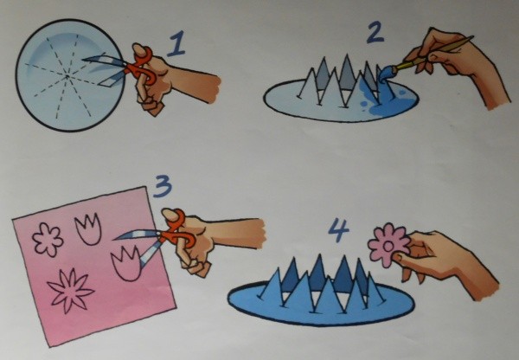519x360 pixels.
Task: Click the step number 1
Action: click(x=176, y=44)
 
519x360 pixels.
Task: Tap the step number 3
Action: click(x=163, y=186)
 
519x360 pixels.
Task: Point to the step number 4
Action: click(x=338, y=230)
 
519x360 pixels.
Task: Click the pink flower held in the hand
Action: click(x=388, y=245)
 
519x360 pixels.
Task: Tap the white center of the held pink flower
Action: click(x=388, y=246)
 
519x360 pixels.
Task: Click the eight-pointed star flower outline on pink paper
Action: click(x=71, y=291)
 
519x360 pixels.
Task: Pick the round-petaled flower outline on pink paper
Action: click(x=48, y=240)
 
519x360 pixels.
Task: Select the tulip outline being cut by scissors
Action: click(x=127, y=263)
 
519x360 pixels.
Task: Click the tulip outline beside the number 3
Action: click(x=89, y=228)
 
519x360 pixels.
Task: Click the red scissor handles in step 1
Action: click(x=143, y=65)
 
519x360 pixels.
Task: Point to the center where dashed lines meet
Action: click(x=67, y=76)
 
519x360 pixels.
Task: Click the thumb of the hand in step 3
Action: click(x=171, y=216)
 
